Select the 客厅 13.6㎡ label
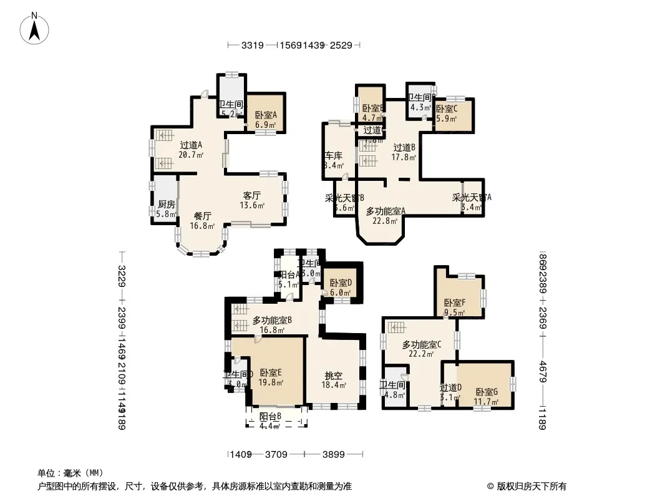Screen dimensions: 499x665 pyautogui.click(x=252, y=200)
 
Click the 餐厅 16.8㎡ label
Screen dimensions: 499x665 pyautogui.click(x=203, y=221)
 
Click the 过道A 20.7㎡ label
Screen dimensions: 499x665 pyautogui.click(x=191, y=150)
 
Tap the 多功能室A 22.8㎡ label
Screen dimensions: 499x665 pyautogui.click(x=385, y=215)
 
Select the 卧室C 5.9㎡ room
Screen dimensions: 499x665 pyautogui.click(x=447, y=113)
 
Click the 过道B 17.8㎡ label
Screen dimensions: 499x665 pyautogui.click(x=404, y=152)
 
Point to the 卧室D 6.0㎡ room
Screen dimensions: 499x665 pyautogui.click(x=341, y=287)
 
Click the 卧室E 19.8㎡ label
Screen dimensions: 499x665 pyautogui.click(x=271, y=377)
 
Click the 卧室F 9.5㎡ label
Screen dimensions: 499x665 pyautogui.click(x=454, y=308)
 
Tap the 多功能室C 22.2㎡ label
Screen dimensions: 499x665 pyautogui.click(x=422, y=349)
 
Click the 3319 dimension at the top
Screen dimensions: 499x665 pyautogui.click(x=252, y=46)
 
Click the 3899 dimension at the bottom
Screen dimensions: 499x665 pyautogui.click(x=334, y=455)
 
